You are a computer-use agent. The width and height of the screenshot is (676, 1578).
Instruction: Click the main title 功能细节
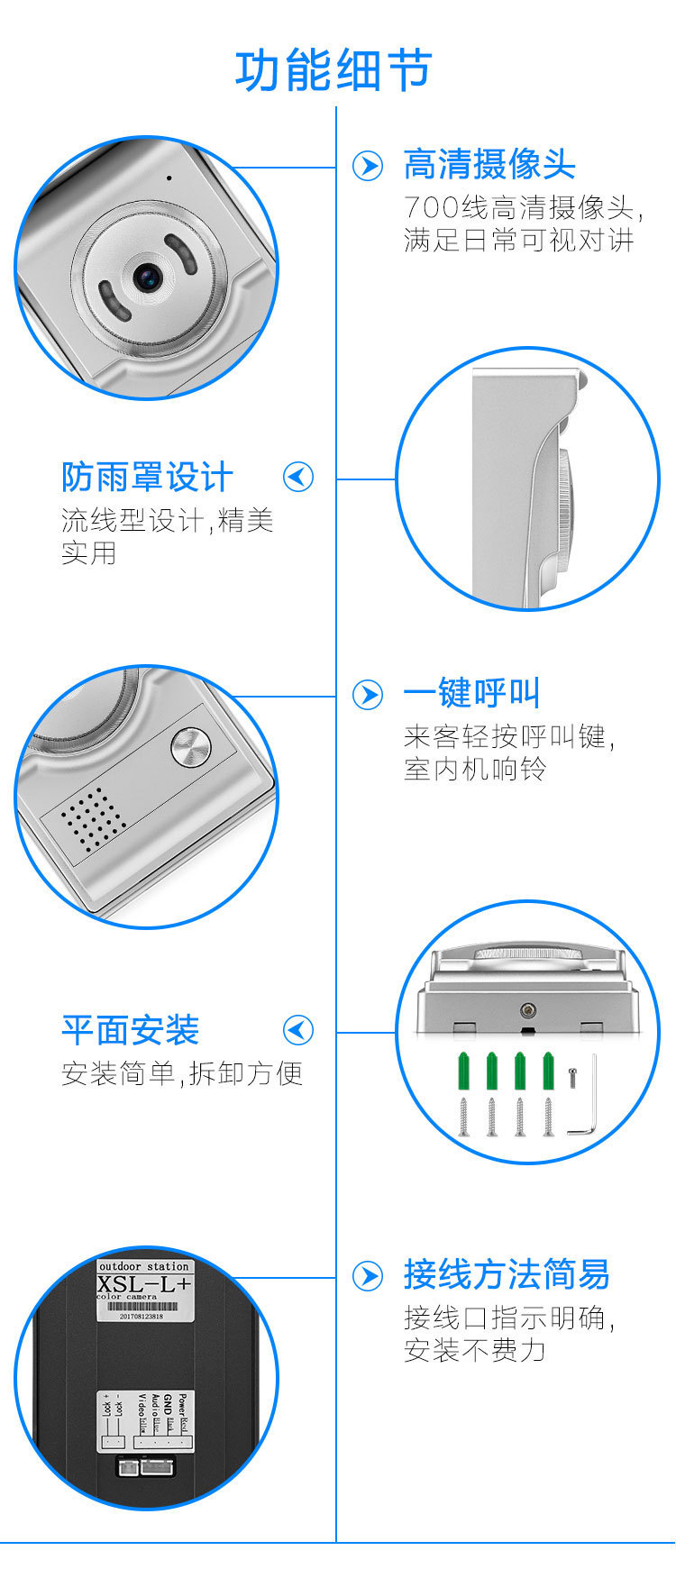click(333, 71)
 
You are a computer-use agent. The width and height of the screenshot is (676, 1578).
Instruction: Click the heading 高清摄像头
click(489, 165)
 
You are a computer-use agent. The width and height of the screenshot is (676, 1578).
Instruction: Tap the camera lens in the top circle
click(147, 277)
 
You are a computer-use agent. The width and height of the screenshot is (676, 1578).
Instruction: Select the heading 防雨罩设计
click(147, 477)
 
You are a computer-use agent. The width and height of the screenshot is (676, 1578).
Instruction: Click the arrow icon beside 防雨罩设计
click(298, 477)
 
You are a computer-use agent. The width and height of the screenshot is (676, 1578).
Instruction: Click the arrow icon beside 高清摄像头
click(367, 166)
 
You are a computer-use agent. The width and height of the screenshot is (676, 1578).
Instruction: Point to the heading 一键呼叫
click(471, 694)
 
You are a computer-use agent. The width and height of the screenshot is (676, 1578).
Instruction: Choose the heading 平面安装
click(131, 1030)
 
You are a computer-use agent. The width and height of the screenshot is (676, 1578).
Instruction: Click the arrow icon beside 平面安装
click(298, 1030)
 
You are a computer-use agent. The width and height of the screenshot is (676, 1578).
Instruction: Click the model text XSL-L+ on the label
click(144, 1284)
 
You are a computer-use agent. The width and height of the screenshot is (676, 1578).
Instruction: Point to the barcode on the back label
click(144, 1306)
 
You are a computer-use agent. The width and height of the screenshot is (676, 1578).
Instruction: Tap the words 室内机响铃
click(475, 770)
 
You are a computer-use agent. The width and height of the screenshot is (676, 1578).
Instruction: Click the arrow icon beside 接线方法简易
click(367, 1276)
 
